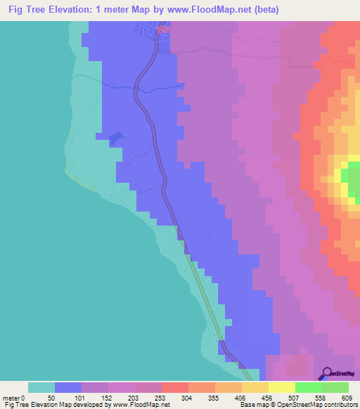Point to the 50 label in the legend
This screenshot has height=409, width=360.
(x=50, y=398)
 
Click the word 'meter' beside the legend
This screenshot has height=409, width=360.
(x=13, y=398)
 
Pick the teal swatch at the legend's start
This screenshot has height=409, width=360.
(x=41, y=387)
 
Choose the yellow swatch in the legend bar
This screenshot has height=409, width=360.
(x=281, y=387)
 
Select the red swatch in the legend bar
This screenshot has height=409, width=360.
(x=174, y=387)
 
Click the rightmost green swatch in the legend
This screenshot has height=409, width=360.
(x=335, y=387)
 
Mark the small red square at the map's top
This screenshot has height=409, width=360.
(x=162, y=29)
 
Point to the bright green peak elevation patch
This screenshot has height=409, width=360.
(x=350, y=176)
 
